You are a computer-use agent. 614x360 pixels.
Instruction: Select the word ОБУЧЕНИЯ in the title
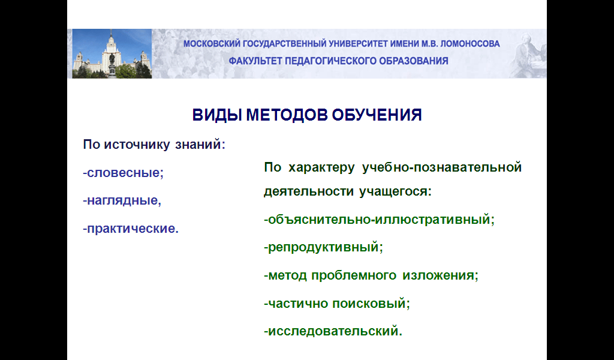[377, 115]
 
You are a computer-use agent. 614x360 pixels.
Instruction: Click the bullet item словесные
[124, 173]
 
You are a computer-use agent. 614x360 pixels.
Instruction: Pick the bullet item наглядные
[122, 201]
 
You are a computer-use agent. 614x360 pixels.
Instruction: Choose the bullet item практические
[131, 229]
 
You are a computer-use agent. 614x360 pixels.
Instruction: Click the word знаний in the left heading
[200, 145]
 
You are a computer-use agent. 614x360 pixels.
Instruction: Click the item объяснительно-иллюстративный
[380, 220]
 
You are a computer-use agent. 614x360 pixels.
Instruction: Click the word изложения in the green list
[441, 275]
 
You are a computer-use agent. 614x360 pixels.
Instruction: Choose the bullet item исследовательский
[333, 331]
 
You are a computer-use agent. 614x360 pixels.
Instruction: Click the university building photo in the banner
[112, 53]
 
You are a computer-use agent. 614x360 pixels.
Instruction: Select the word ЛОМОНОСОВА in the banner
[470, 44]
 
